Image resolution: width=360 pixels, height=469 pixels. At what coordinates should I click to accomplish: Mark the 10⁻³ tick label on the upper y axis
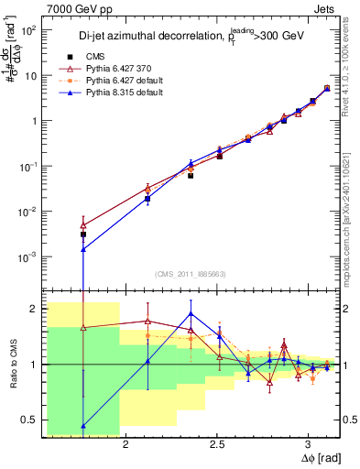tap(27, 256)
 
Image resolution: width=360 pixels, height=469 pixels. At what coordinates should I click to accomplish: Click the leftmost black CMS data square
tap(83, 234)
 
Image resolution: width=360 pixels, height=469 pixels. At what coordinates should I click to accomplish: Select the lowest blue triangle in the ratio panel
tap(83, 425)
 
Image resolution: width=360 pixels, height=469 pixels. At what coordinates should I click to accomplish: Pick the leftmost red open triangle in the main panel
tap(83, 224)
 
